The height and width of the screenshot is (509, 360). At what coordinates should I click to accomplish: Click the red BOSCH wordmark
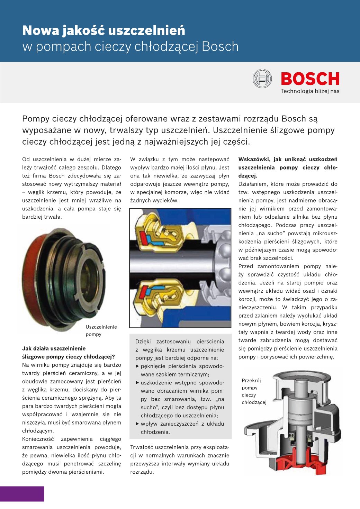310,79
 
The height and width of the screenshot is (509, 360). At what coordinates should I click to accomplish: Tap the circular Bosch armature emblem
262,79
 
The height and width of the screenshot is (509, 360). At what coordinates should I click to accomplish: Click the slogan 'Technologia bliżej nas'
310,91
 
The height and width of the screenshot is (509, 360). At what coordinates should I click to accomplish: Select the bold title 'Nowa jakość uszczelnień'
103,30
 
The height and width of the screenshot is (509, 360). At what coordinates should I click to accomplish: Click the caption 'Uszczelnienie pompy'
101,330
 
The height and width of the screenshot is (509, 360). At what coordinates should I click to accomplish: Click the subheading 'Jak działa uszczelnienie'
54,348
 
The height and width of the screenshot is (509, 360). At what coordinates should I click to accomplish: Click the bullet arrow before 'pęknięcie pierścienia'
137,366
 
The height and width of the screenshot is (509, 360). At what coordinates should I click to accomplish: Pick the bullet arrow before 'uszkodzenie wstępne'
137,383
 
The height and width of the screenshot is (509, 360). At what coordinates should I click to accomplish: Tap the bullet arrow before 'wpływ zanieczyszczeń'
137,424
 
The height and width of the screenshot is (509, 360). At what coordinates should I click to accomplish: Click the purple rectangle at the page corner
22,494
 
